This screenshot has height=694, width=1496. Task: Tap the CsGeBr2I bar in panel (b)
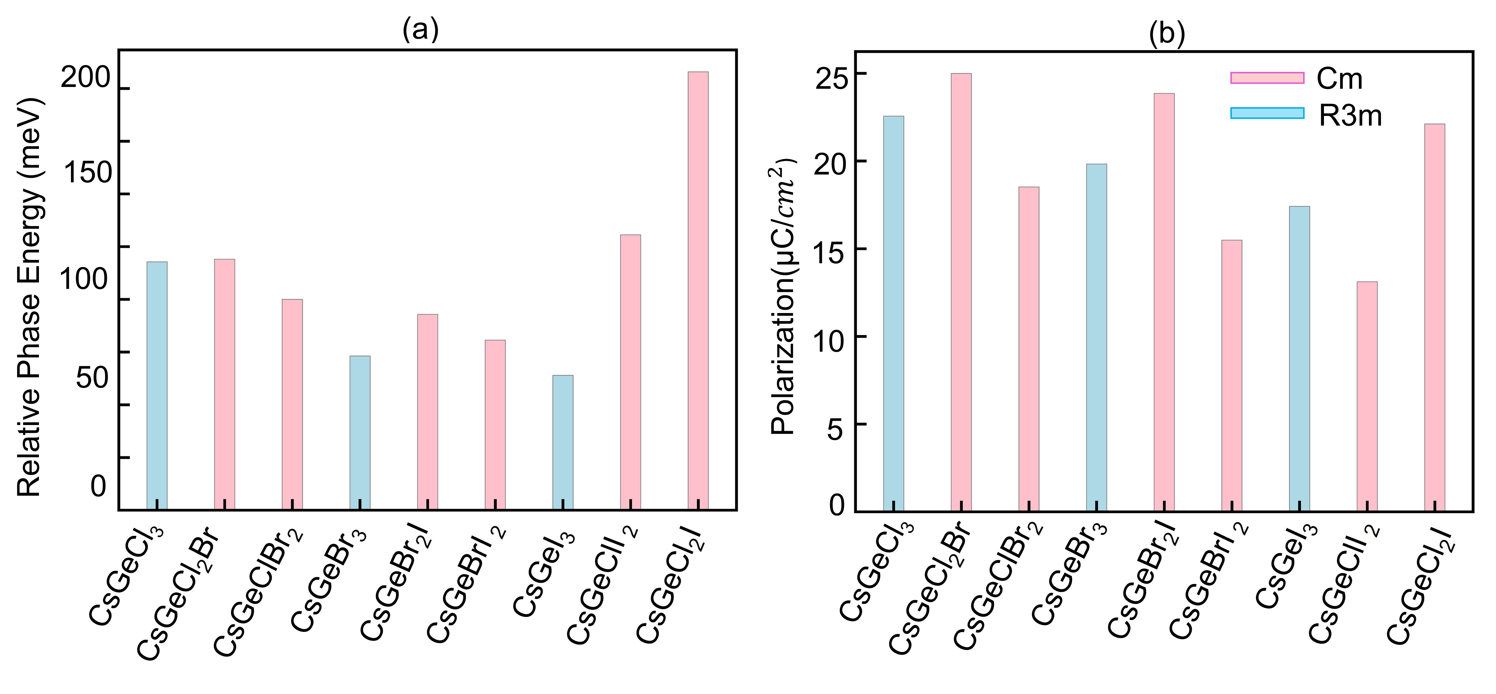pyautogui.click(x=1164, y=302)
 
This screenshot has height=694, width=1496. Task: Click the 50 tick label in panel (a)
pyautogui.click(x=92, y=378)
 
